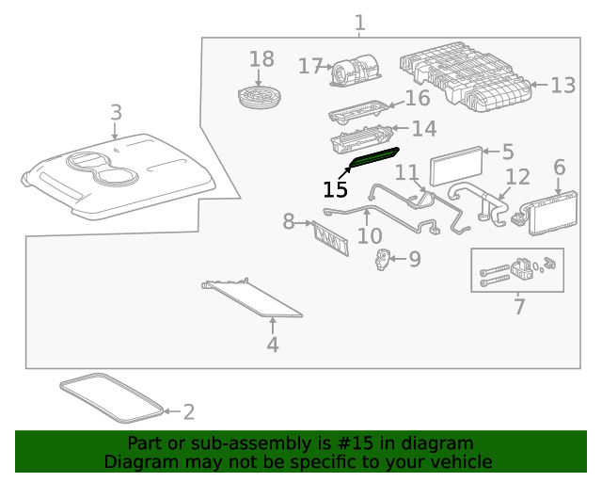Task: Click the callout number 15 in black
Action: tap(335, 189)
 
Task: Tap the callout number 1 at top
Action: tap(359, 22)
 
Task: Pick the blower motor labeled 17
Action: tap(354, 71)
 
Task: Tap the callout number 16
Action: tap(417, 98)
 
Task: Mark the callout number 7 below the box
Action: tap(519, 306)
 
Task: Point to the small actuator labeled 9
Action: tap(383, 260)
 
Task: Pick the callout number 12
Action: tap(518, 176)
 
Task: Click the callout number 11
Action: tap(406, 173)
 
